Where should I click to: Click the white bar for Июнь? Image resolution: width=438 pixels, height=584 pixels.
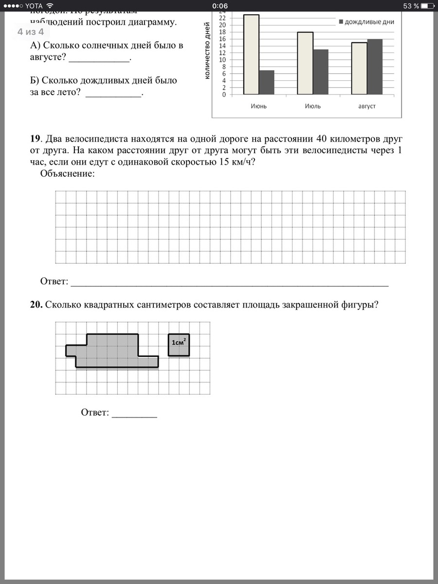point(251,55)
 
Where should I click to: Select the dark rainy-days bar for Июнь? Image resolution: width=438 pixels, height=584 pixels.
point(267,83)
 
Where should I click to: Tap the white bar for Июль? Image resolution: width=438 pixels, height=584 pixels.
point(305,63)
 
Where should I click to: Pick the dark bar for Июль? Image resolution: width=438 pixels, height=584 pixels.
point(321,72)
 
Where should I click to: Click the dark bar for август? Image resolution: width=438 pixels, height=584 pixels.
point(375,67)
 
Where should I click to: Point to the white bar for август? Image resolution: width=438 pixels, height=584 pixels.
point(359,69)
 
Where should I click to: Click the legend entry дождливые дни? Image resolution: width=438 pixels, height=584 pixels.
point(366,22)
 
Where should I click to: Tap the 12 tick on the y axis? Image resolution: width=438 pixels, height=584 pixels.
point(223,53)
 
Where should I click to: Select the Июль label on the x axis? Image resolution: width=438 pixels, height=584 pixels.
point(312,106)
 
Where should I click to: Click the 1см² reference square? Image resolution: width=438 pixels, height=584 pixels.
point(179,345)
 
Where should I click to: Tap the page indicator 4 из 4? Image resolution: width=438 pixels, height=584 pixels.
point(31,32)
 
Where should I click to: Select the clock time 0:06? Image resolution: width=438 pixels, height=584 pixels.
point(220,6)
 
